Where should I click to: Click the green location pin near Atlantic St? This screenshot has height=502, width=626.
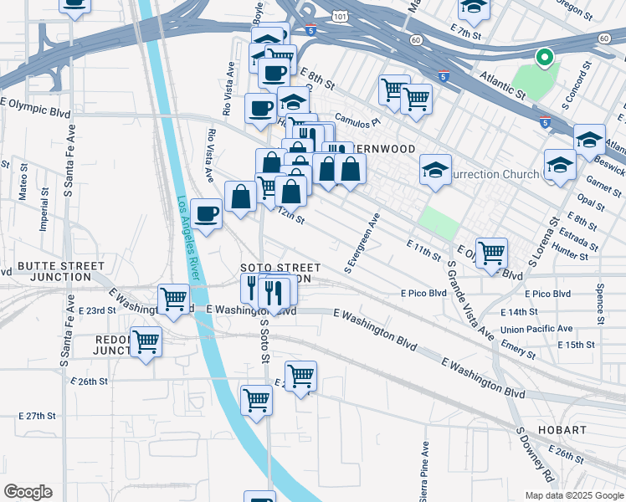[545, 58]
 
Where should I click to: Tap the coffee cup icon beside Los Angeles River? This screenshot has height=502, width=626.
[206, 214]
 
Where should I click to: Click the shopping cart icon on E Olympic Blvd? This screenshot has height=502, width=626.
[491, 252]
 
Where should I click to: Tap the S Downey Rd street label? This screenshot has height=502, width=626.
[536, 455]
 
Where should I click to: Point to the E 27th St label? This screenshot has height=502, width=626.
[37, 416]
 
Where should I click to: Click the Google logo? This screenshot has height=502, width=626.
[28, 492]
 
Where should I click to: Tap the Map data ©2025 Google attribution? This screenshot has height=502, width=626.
[573, 495]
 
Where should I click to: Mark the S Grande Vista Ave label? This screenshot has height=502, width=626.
[470, 300]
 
